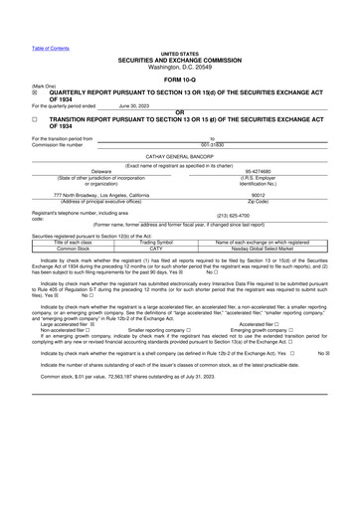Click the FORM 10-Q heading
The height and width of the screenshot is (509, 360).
pos(179,80)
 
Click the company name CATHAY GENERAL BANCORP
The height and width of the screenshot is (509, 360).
pos(180,157)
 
